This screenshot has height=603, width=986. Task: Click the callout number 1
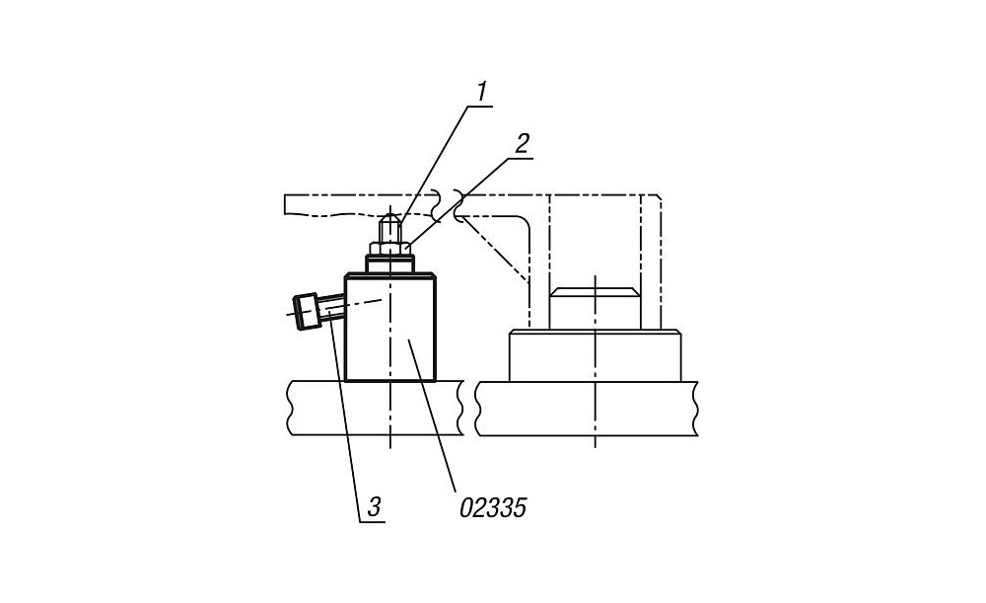point(482,92)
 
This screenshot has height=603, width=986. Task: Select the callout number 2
point(522,143)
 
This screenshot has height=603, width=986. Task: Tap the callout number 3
point(374,506)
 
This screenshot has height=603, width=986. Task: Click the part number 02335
point(492,507)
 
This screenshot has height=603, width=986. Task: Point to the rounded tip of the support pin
point(389,218)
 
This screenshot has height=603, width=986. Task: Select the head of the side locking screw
point(307,311)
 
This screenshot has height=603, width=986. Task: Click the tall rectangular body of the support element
point(389,328)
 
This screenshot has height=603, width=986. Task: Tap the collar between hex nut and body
point(389,264)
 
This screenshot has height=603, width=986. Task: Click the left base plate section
point(376,408)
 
